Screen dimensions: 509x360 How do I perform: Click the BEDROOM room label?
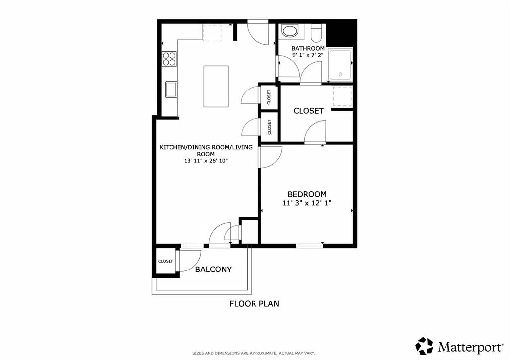[x=307, y=194]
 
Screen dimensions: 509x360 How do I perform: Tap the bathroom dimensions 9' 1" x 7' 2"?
[x=308, y=55]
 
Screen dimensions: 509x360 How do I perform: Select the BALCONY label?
[x=213, y=269]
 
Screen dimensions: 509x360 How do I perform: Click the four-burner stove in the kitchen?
[x=169, y=59]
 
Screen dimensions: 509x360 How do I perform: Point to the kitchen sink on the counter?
[x=171, y=90]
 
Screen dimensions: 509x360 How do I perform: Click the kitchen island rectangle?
[x=216, y=87]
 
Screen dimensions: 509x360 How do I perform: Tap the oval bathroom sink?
[x=289, y=31]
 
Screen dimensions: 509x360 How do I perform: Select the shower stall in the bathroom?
[x=340, y=65]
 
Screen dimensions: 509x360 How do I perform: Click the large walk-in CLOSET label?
[x=308, y=111]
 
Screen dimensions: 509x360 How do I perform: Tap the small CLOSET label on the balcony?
[x=166, y=261]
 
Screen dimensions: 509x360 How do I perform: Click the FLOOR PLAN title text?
[x=254, y=304]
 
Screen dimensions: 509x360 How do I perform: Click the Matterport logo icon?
[x=424, y=346]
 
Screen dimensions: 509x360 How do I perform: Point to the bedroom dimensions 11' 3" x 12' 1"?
[x=307, y=203]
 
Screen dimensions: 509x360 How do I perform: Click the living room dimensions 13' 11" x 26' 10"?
[x=206, y=161]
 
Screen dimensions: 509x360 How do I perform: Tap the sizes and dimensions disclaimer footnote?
[x=254, y=353]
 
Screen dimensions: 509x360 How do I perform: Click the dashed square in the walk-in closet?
[x=342, y=96]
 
